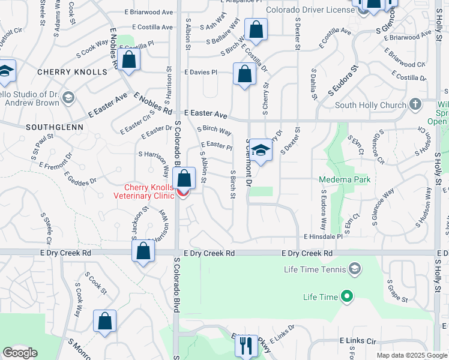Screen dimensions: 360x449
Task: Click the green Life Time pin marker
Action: [x=346, y=296]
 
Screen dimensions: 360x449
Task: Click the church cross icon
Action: [x=415, y=105]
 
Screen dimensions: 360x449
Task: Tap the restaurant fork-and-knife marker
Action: [x=246, y=345]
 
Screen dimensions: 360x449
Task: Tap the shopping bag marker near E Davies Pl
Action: [x=244, y=74]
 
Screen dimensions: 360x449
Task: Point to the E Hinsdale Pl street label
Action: [x=322, y=237]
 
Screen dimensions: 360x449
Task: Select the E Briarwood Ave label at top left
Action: [x=149, y=12]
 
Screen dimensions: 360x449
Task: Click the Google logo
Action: [x=20, y=353]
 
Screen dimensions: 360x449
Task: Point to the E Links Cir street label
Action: [x=357, y=341]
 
